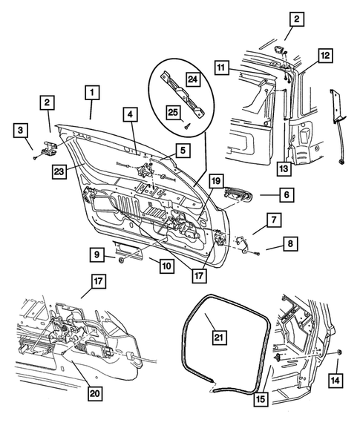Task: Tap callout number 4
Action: (x=129, y=115)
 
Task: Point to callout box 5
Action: (x=181, y=148)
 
